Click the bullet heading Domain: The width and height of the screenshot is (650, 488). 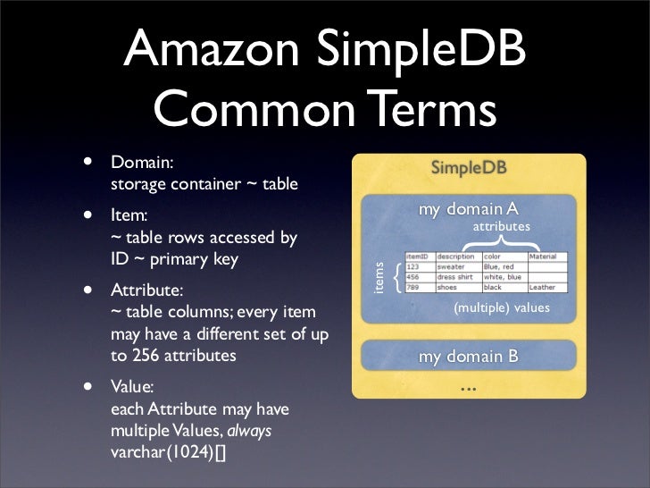142,164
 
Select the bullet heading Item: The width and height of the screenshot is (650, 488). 129,216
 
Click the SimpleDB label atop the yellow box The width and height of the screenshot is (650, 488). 469,167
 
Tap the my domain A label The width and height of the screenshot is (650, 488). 469,209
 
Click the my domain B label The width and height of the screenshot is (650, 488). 469,357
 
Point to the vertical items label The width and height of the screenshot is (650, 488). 378,277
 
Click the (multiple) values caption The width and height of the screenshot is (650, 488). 502,307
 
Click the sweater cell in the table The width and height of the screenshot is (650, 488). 451,266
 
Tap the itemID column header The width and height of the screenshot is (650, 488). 418,256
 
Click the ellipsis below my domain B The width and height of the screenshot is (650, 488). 469,390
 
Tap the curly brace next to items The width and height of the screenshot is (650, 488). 396,276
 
